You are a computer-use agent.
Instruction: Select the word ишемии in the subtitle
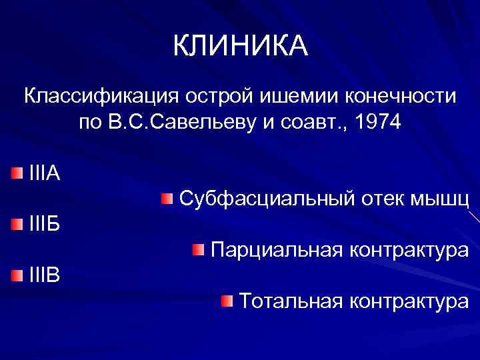290,96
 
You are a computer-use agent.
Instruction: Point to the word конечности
400,96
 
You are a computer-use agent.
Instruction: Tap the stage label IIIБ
45,223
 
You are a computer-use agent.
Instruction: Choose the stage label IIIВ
45,273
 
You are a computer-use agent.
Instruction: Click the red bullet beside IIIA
17,174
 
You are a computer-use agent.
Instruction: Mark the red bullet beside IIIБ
17,223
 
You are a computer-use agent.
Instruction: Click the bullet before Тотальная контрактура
228,301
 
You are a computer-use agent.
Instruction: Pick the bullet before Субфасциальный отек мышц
167,198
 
